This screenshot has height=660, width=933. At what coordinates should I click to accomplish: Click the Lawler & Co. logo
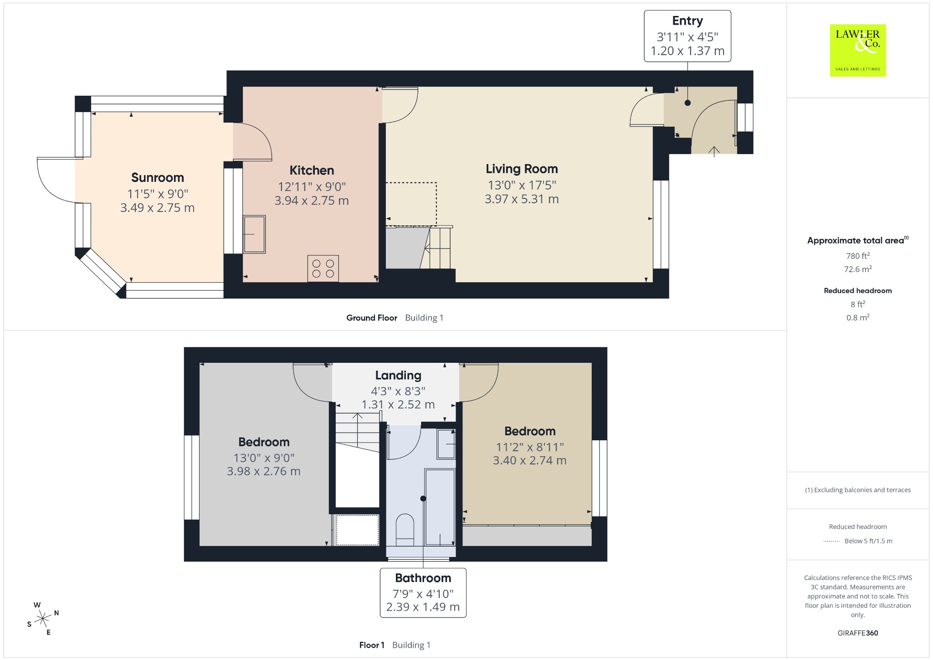pos(858,50)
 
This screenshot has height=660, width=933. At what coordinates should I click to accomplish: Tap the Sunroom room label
pos(158,177)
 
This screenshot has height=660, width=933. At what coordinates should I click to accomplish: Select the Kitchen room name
pos(312,170)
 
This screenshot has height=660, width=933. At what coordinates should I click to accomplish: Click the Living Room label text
pos(522,169)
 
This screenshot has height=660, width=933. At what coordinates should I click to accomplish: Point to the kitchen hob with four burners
pos(323,268)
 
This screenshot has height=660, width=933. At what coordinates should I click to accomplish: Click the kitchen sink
pos(254,234)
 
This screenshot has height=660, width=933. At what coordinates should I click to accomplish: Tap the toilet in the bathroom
pos(405,530)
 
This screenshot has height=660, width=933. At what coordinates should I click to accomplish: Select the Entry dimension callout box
pos(687,36)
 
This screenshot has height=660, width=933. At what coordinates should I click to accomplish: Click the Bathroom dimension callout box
pos(423,593)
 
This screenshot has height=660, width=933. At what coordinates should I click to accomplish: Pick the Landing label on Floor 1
pos(398,375)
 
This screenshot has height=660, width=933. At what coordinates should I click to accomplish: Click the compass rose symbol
pos(43,619)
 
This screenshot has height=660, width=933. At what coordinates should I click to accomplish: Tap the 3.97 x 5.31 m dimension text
pos(522,199)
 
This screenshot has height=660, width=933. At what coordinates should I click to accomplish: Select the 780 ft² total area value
pos(858,256)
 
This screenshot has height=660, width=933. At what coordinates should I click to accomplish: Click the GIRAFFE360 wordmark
pos(858,633)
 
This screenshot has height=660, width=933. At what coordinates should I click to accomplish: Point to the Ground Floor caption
pos(372,318)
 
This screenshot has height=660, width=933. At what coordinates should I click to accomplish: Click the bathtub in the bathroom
pos(440,507)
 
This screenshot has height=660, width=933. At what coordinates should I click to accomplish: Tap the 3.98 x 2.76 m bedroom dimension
pos(264,471)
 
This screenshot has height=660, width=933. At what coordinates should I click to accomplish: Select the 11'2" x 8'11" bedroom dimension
pos(530,447)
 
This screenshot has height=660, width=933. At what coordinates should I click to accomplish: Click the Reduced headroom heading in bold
pos(858,291)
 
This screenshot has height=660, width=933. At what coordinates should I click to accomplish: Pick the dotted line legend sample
pos(831,541)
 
